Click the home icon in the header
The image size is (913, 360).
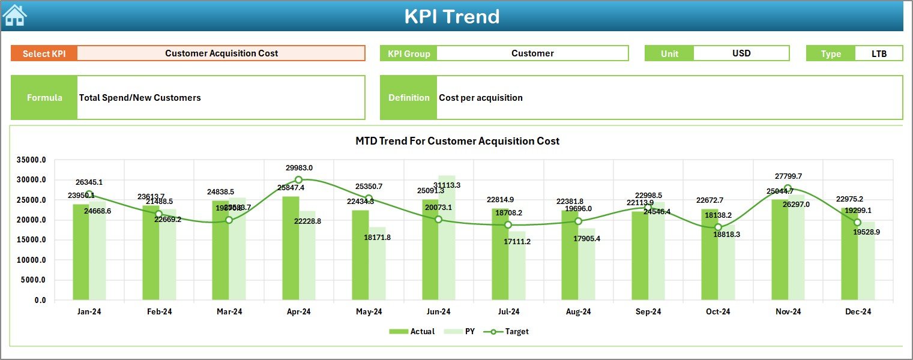14,16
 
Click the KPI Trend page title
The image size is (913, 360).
451,16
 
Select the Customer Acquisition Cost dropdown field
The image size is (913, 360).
221,53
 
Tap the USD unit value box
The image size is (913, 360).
741,53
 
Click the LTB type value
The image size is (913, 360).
879,53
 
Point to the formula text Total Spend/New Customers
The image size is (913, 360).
140,98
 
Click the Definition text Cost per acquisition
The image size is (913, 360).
480,98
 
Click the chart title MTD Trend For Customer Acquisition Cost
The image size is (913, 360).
457,141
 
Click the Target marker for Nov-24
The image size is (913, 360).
788,188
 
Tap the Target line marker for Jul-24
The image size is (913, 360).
508,225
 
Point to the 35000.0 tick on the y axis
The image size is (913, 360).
32,160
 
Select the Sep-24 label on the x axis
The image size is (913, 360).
648,312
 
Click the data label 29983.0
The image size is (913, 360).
299,168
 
